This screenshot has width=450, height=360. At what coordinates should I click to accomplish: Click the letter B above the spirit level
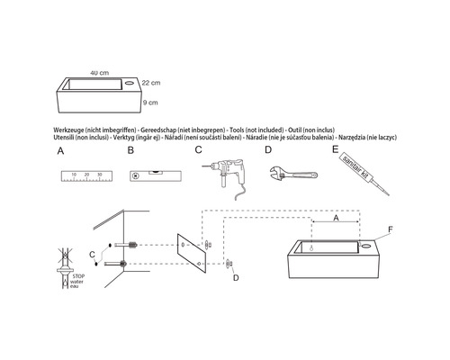pos(130,150)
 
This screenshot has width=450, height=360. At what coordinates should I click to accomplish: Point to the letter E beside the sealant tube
pos(336,150)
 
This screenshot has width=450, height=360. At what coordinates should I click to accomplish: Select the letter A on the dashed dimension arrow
pos(336,218)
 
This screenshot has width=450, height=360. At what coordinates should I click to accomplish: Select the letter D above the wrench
pos(268,150)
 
